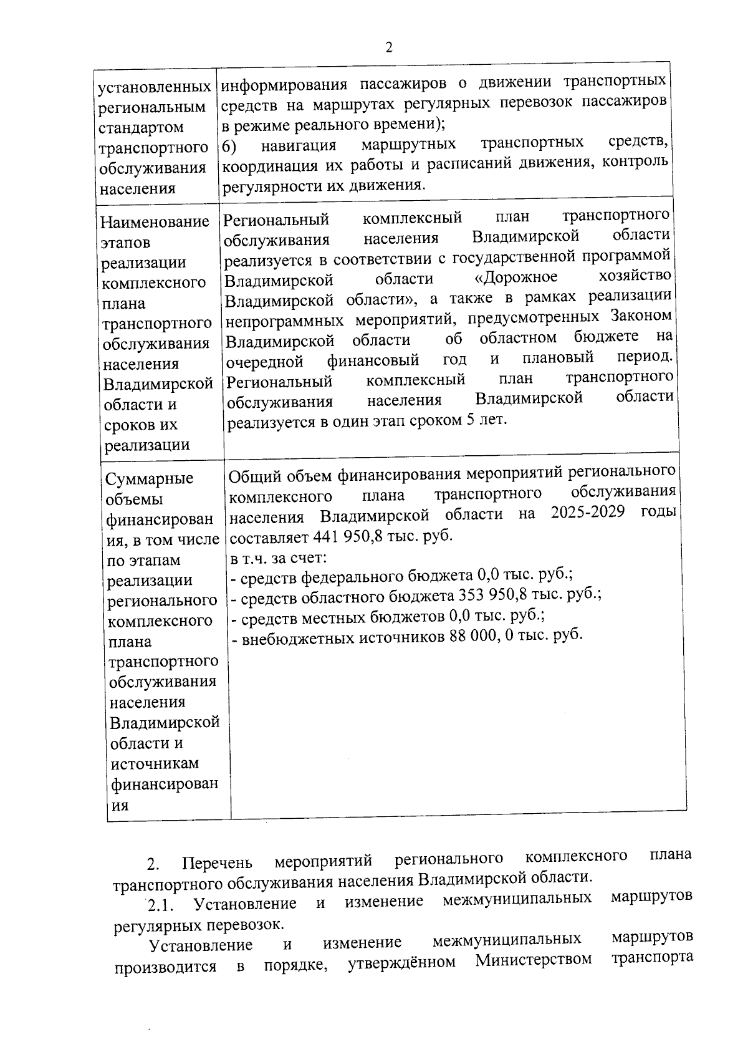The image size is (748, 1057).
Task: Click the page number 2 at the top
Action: (x=389, y=47)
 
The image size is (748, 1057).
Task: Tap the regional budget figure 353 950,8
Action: (x=494, y=596)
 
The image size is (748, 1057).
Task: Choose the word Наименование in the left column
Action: (x=155, y=223)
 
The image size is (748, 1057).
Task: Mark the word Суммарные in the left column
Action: (x=150, y=479)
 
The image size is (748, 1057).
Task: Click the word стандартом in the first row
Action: (x=142, y=128)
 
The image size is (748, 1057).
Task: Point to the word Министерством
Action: (x=534, y=958)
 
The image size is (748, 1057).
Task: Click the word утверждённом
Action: (x=402, y=962)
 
